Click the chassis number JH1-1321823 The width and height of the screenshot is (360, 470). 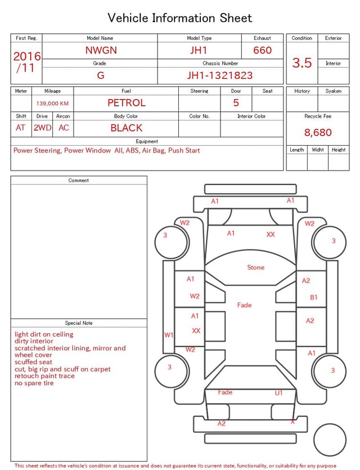pos(220,75)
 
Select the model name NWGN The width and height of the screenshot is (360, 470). pos(101,50)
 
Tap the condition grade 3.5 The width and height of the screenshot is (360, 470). pos(302,62)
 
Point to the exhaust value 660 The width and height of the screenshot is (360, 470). pos(262,50)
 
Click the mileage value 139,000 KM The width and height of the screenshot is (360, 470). pos(52,104)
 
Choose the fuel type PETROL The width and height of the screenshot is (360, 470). pos(127,103)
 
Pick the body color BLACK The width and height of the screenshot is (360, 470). pos(127,128)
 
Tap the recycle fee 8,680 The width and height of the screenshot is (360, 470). pos(318,132)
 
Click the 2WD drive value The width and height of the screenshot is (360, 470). pos(42,128)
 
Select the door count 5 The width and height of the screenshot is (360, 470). pos(236,103)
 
